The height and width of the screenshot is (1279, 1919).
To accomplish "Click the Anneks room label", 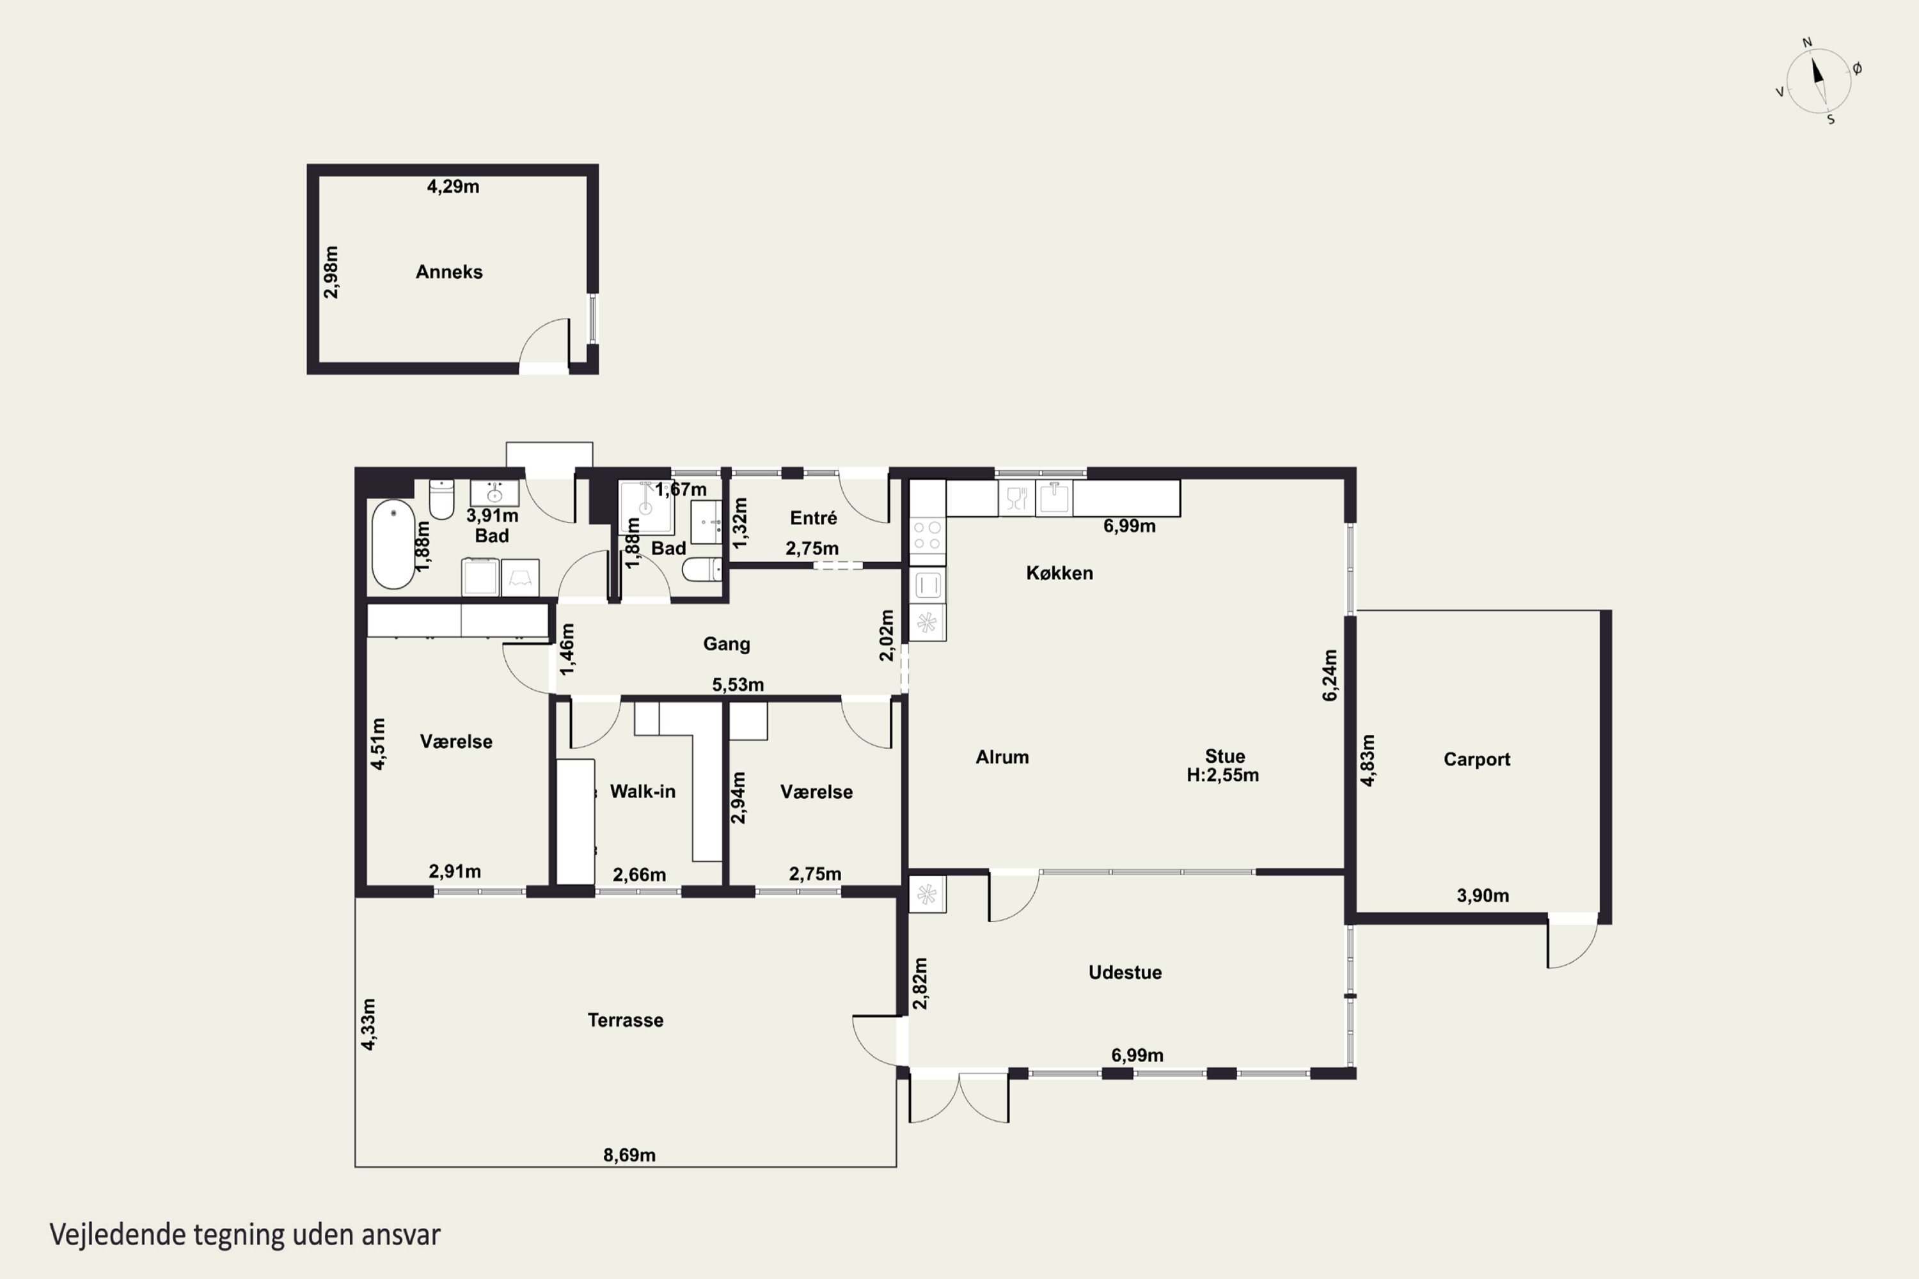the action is point(449,272).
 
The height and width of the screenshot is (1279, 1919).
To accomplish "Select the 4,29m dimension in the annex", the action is point(453,186).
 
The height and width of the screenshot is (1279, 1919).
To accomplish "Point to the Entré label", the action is point(814,518).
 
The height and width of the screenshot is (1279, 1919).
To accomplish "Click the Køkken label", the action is point(1059,572).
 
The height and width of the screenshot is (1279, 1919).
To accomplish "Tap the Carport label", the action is point(1477,760).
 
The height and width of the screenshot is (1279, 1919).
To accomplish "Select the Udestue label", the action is point(1125,972).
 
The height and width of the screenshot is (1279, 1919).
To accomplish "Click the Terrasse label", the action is point(625,1019).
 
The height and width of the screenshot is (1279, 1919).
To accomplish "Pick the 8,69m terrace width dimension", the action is point(629,1155).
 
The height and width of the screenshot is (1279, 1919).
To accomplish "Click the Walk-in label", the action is point(642,791).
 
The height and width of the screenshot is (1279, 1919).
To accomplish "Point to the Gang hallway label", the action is point(726,643).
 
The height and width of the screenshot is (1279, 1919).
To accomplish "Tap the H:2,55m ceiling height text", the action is point(1222,775).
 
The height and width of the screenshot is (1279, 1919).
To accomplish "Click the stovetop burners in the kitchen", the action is point(928,535).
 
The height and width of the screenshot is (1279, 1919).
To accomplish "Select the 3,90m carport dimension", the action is point(1483,896).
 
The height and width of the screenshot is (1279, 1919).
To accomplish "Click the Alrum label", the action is point(1002,757).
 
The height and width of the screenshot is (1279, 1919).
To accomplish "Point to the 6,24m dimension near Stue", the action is point(1330,675).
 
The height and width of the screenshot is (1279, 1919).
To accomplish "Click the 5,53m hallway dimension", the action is point(738,684).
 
